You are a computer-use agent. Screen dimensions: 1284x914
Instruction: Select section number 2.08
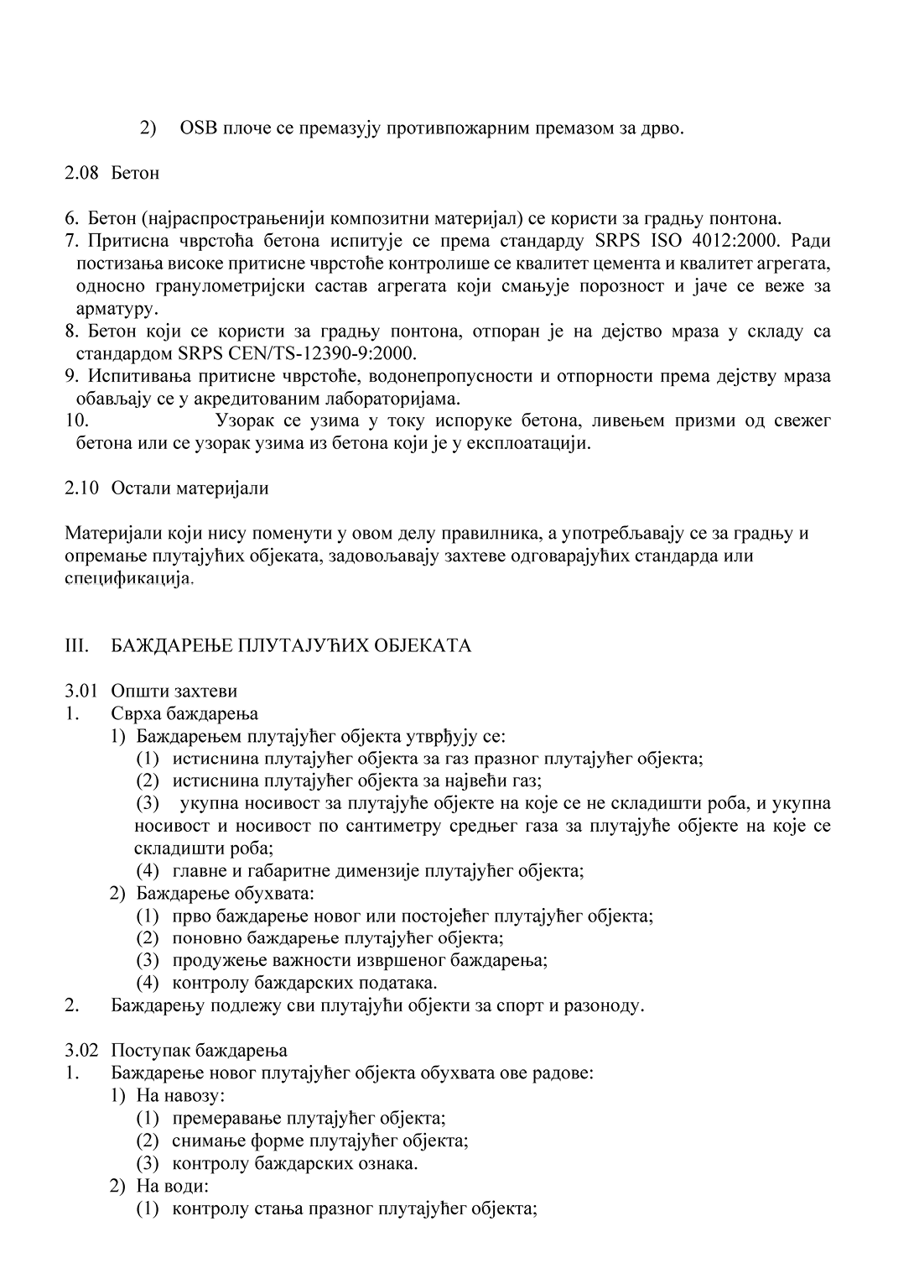pyautogui.click(x=82, y=174)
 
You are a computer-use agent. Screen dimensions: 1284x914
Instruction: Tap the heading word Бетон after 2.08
pyautogui.click(x=135, y=174)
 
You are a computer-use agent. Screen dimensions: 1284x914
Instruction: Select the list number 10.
pyautogui.click(x=76, y=420)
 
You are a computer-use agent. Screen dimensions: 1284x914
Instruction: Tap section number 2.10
pyautogui.click(x=82, y=488)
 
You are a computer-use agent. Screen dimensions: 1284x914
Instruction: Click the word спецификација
pyautogui.click(x=128, y=578)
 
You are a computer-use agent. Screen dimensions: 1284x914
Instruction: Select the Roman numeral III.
pyautogui.click(x=77, y=646)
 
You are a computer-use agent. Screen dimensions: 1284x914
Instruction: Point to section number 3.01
pyautogui.click(x=82, y=692)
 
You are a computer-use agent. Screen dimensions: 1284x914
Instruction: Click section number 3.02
pyautogui.click(x=82, y=1051)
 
